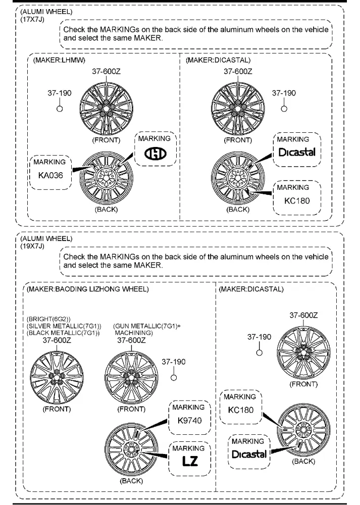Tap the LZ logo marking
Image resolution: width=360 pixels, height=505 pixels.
187,461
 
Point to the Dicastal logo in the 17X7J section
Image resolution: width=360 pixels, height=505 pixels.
296,153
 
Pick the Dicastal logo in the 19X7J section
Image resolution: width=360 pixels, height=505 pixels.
249,454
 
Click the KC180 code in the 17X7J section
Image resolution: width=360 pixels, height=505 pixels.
297,200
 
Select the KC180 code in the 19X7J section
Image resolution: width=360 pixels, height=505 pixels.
241,410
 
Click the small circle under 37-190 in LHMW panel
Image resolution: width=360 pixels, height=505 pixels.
59,109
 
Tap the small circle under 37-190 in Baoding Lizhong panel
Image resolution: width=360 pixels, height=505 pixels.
173,377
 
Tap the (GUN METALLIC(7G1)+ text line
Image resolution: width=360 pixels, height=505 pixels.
147,326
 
